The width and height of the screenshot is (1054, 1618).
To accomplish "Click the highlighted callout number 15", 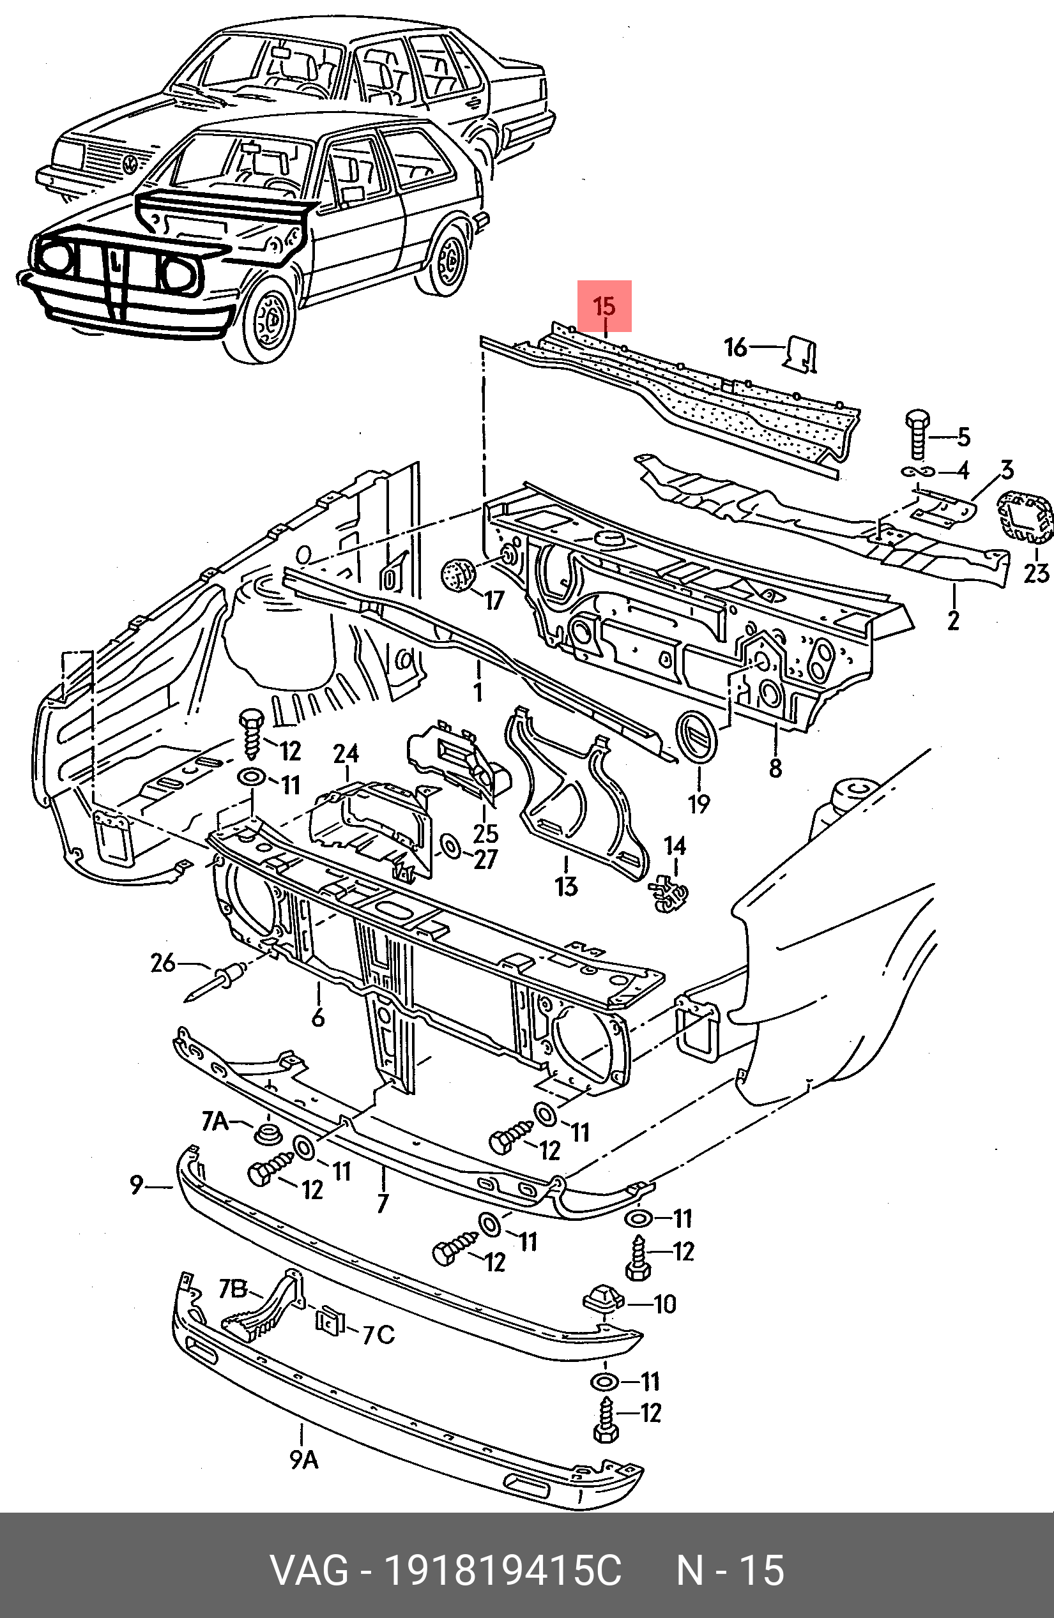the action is coord(604,306).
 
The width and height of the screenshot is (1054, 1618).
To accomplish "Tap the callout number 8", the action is coord(775,768).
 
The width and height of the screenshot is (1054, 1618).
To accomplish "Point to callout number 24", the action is coord(346,753).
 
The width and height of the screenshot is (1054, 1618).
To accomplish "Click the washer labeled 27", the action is coord(450,848).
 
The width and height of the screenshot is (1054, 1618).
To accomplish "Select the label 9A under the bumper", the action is coord(304,1458).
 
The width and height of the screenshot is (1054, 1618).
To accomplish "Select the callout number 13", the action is coord(567,886).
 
